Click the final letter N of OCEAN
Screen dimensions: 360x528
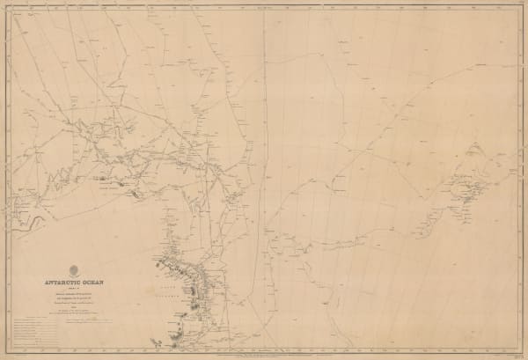point(103,283)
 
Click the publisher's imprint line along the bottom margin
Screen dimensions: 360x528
point(264,354)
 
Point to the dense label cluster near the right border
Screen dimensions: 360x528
point(466,189)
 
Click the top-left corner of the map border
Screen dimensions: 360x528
point(8,6)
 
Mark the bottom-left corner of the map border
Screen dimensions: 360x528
point(8,351)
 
